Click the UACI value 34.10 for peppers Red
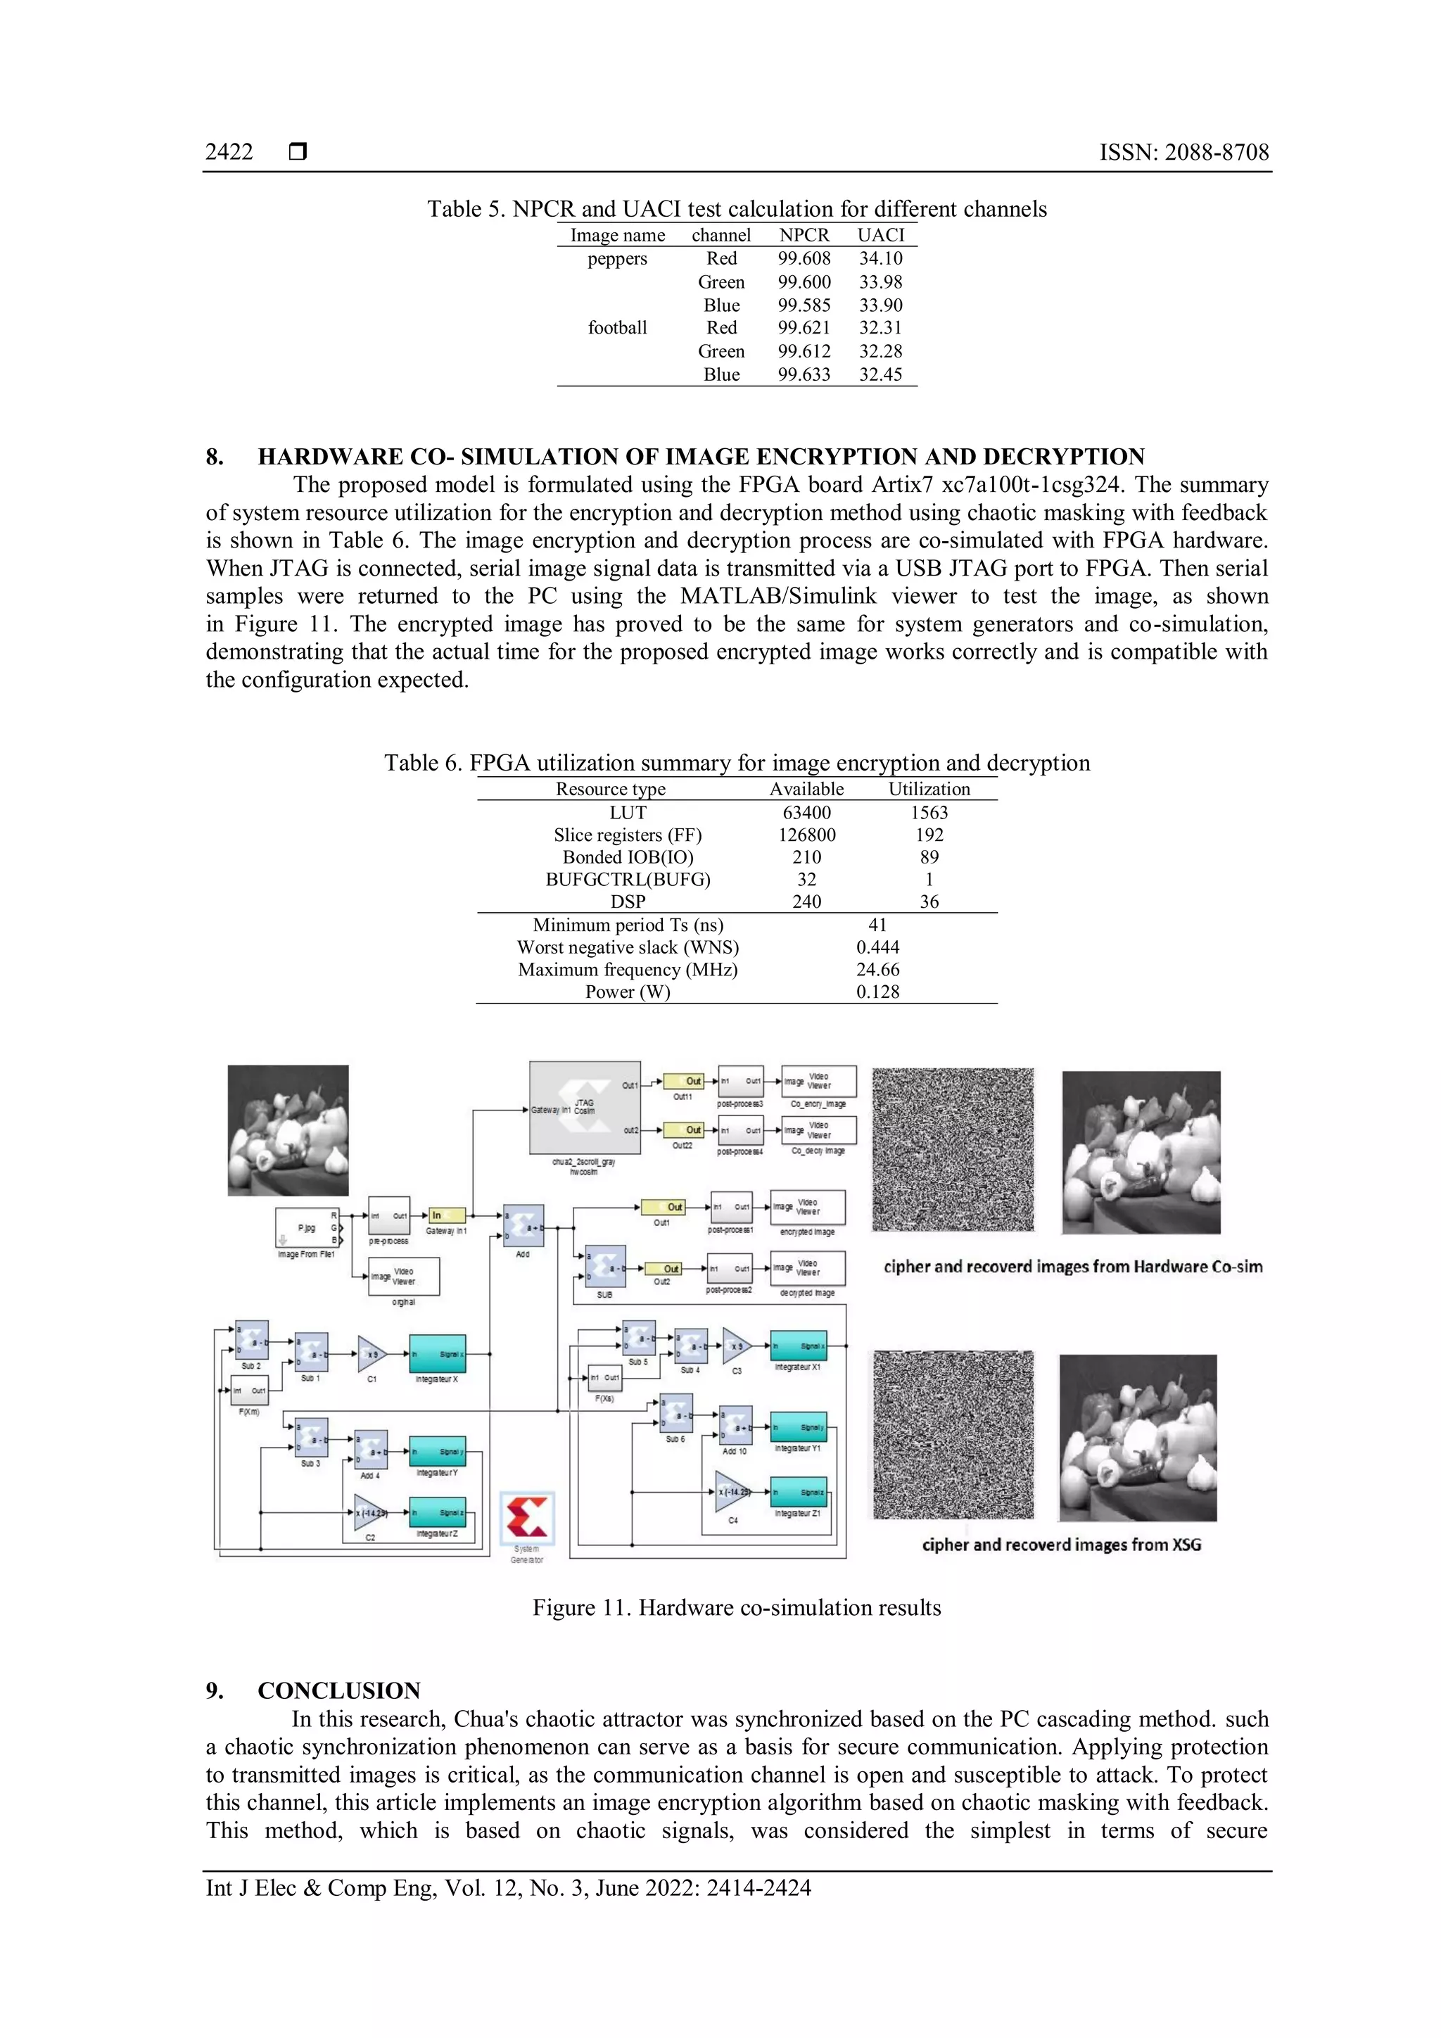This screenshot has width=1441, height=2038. coord(880,258)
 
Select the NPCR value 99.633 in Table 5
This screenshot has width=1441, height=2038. coord(804,374)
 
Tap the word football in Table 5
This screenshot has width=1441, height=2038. coord(618,327)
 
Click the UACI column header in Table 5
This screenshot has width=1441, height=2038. coord(880,235)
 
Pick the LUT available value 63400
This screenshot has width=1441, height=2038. coord(806,812)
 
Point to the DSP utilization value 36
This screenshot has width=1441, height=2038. coord(929,902)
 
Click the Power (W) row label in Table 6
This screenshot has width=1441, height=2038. coord(628,992)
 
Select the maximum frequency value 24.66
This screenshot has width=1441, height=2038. coord(877,969)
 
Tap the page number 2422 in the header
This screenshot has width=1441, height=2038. coord(229,152)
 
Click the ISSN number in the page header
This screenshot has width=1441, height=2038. coord(1183,152)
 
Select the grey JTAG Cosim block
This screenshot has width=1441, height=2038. coord(585,1108)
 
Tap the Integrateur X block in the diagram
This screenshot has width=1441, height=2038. coord(438,1355)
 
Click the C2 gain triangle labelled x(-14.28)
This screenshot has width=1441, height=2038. coord(370,1512)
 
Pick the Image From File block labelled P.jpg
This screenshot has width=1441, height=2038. coord(307,1229)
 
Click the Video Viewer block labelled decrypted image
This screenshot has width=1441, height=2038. coord(808,1267)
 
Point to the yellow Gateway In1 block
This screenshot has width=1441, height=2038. coord(447,1215)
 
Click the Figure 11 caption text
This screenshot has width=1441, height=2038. coord(737,1607)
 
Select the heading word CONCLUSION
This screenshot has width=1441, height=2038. coord(339,1690)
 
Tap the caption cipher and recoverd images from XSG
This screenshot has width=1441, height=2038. coord(1061,1545)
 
